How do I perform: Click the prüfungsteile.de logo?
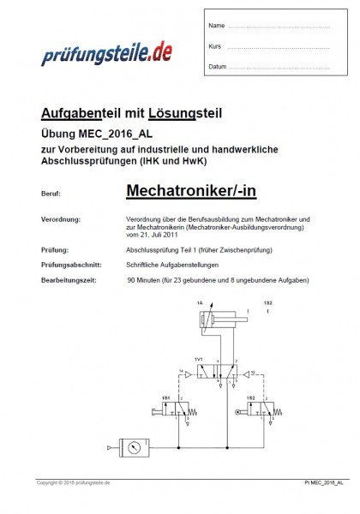coord(108,57)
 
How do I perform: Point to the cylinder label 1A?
coord(200,303)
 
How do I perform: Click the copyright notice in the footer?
coord(73,483)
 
